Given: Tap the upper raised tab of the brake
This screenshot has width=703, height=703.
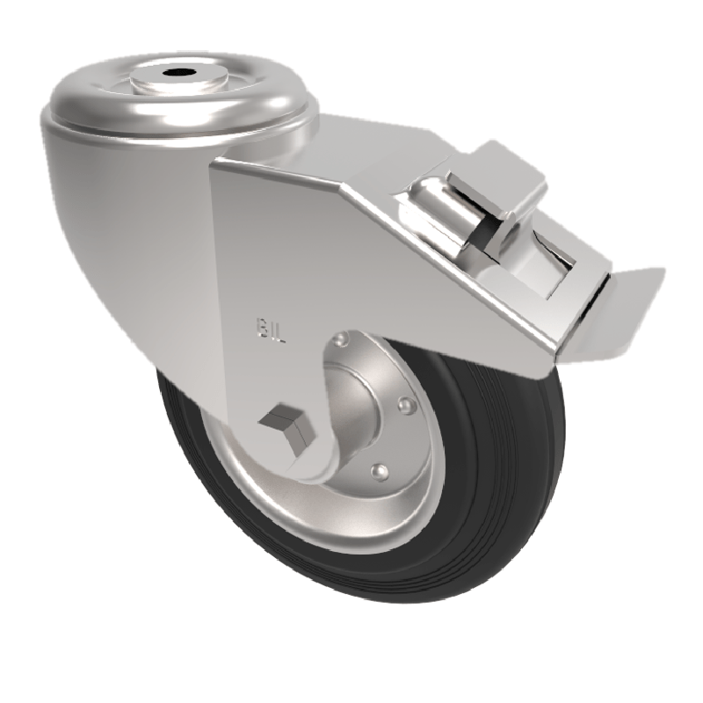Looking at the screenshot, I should click(x=501, y=176).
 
